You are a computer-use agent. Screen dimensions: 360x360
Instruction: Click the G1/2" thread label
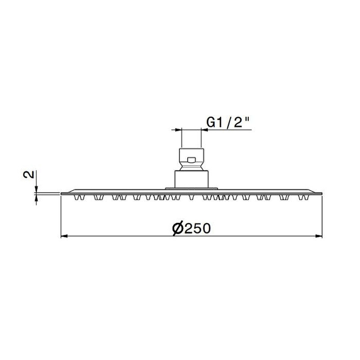click(x=228, y=122)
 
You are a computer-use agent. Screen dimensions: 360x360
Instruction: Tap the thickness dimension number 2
click(x=29, y=175)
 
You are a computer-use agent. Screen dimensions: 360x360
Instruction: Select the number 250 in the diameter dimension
click(x=198, y=229)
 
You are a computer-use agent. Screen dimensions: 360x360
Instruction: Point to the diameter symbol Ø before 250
click(x=178, y=229)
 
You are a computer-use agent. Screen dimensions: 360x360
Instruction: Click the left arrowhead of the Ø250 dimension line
click(x=64, y=236)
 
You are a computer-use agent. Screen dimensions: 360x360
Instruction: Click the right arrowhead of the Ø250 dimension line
click(x=319, y=236)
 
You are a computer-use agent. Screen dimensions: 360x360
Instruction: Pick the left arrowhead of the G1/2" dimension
click(x=178, y=130)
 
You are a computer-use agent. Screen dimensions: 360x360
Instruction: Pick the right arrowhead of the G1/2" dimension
click(x=205, y=130)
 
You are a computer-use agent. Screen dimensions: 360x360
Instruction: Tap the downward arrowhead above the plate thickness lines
click(x=36, y=189)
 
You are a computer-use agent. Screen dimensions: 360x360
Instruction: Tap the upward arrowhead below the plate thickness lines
click(x=36, y=198)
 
